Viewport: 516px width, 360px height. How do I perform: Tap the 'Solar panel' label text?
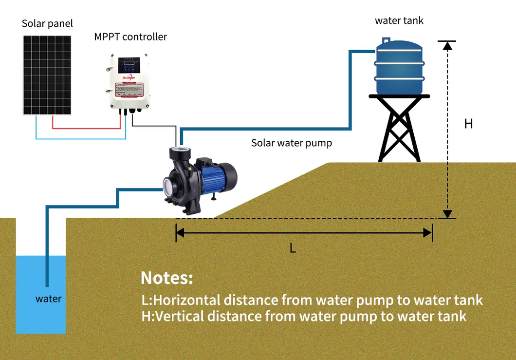click(47, 24)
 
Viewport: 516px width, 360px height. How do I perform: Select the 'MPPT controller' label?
click(130, 37)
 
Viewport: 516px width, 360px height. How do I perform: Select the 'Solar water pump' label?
click(291, 143)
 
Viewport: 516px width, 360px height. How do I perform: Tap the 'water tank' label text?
click(399, 21)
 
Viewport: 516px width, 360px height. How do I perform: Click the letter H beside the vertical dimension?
click(468, 124)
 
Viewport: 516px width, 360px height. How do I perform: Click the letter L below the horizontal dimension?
click(293, 248)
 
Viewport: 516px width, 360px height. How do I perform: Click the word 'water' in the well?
click(48, 299)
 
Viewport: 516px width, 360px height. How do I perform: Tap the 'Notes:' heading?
click(167, 278)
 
